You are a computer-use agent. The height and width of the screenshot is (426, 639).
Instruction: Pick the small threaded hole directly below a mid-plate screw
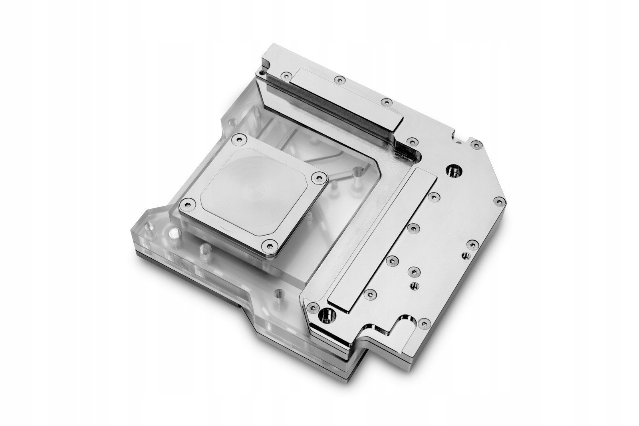coord(413,285)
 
